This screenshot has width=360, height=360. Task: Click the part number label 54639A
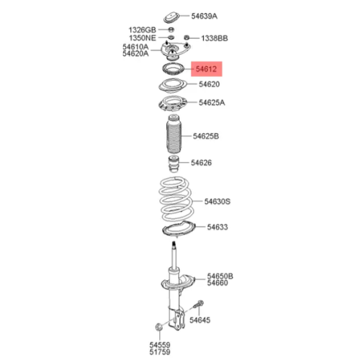204,16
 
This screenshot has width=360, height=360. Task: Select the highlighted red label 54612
207,69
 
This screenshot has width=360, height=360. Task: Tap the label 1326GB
143,30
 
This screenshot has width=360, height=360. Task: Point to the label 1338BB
215,38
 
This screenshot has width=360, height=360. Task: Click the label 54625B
206,136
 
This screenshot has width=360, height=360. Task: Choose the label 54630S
217,202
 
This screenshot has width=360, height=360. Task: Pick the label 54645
199,320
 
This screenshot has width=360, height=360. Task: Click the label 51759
160,352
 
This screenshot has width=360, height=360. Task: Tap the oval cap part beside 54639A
171,17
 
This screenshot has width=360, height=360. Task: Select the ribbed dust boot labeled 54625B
174,135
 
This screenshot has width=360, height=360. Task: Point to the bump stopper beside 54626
174,164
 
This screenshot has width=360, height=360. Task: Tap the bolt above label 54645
199,305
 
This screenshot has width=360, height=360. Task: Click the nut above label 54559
158,327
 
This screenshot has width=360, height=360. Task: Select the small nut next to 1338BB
186,37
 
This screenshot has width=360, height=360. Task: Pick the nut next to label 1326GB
171,30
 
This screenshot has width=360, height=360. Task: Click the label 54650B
220,276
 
